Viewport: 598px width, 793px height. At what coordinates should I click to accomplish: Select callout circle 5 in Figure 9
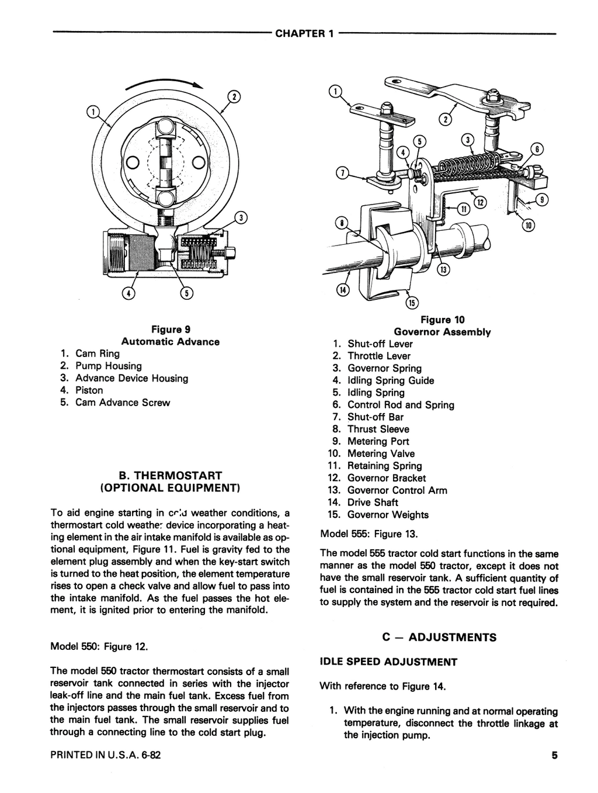(185, 293)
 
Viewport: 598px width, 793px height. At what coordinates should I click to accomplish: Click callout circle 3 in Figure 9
(241, 218)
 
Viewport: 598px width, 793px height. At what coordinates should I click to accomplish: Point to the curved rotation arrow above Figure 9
(169, 84)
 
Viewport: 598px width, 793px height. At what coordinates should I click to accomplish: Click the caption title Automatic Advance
(171, 342)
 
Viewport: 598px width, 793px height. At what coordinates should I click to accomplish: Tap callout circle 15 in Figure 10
(412, 303)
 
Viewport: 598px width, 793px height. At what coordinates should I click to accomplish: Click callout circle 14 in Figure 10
(342, 290)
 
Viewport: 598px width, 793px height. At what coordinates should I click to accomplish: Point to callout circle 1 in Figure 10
(335, 91)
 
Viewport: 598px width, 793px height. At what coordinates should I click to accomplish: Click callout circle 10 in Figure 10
(529, 226)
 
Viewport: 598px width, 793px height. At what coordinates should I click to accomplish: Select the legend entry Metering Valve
(381, 453)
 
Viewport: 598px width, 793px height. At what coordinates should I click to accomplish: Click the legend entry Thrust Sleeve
(378, 429)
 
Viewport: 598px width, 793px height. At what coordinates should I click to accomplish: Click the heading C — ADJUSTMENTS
(439, 637)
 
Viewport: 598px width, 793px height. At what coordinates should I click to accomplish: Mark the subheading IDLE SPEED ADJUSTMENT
(388, 662)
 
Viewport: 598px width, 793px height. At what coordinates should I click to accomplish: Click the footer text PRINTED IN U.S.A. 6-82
(106, 754)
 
